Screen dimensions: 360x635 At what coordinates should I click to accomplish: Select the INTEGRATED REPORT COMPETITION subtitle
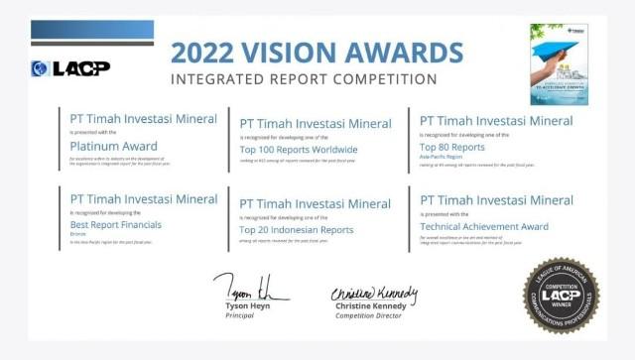(304, 78)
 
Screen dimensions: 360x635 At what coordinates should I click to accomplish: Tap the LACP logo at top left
(70, 68)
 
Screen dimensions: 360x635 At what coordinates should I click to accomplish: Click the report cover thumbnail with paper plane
(559, 63)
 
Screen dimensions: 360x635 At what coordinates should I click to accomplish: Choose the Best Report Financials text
(116, 225)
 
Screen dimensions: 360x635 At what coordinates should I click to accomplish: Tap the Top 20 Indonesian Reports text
(297, 229)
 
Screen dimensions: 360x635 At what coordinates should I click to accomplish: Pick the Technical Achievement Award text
(484, 226)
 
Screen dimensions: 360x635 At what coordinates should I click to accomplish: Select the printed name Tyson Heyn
(250, 305)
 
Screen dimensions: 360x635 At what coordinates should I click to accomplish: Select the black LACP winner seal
(561, 296)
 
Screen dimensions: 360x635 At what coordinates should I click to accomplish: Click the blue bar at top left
(92, 29)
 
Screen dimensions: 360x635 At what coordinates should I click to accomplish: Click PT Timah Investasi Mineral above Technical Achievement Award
(496, 200)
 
